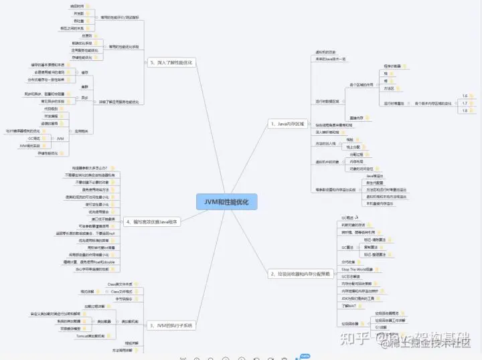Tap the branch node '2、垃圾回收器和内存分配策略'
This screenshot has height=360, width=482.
(300, 274)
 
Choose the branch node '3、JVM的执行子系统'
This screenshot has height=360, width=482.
(171, 326)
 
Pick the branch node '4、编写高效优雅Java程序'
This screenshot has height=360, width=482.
(155, 221)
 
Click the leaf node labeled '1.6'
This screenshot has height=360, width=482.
(465, 96)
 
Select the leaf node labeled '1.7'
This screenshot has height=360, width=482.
(465, 104)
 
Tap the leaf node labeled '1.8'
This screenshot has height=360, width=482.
(465, 111)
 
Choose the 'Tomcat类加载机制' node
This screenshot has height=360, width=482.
(89, 336)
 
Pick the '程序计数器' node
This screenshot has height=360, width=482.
(392, 66)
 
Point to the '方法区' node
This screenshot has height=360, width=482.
(389, 88)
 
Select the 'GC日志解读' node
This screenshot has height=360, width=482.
(352, 276)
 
